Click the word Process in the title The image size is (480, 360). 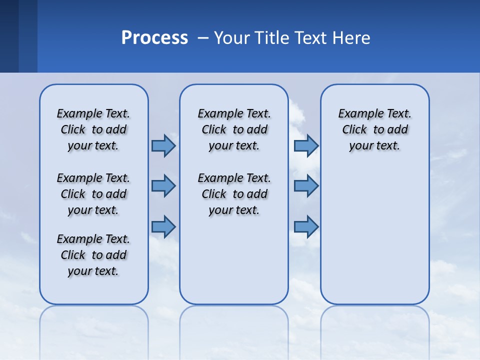click(154, 38)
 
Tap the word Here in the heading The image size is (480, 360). click(350, 38)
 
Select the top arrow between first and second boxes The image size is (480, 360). click(163, 145)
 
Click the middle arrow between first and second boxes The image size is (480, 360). click(163, 186)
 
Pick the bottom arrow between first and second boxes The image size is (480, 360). click(163, 226)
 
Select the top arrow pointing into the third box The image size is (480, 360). click(306, 145)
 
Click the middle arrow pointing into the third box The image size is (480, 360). click(306, 186)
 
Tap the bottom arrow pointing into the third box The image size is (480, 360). click(306, 226)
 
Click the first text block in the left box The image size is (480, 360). click(93, 129)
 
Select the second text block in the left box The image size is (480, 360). click(93, 194)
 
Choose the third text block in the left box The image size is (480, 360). click(93, 255)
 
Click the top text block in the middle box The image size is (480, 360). click(234, 129)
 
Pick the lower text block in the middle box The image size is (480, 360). click(234, 194)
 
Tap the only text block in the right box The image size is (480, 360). click(374, 129)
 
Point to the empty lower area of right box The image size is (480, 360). click(374, 235)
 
